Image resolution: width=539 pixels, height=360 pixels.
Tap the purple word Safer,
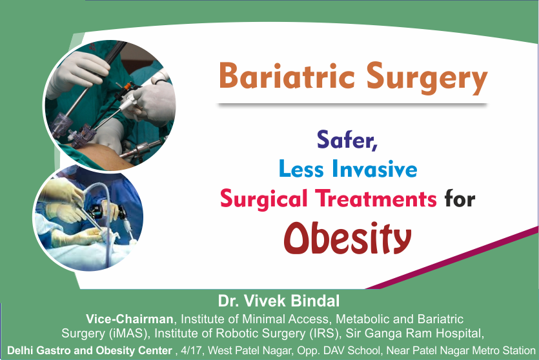(x=347, y=138)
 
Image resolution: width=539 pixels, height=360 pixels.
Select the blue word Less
(x=301, y=168)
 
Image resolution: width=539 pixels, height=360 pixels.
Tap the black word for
(x=460, y=199)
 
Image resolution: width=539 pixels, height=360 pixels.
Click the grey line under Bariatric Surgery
(x=352, y=104)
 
